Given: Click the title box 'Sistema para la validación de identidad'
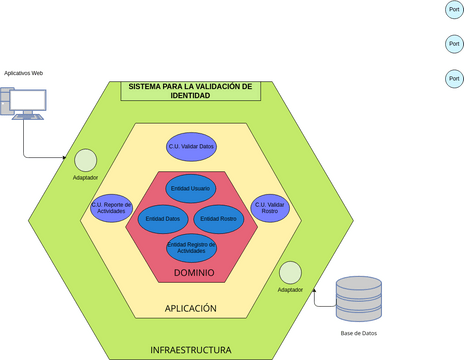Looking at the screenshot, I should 190,91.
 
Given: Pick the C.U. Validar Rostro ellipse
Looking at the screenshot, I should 269,207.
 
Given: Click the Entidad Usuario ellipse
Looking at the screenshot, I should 190,187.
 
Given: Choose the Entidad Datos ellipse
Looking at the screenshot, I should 162,218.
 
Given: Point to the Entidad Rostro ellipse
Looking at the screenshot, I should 217,218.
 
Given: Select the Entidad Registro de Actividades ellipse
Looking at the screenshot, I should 190,247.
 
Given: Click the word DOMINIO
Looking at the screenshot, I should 193,272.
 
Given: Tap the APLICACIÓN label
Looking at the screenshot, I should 190,309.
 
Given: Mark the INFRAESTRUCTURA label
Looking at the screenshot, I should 190,350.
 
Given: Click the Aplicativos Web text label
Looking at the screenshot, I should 23,73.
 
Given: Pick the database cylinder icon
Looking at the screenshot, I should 359,298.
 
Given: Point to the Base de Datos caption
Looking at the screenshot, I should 359,333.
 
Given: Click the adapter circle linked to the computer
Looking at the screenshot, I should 85,159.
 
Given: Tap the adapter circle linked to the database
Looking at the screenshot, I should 290,272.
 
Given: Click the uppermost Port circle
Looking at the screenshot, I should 453,10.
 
